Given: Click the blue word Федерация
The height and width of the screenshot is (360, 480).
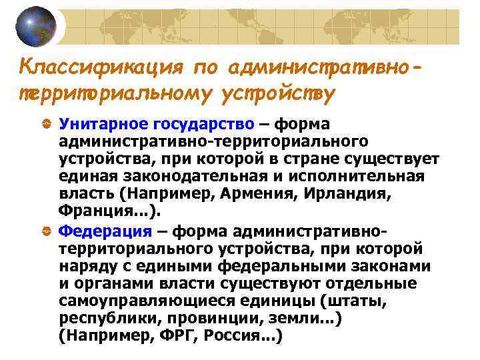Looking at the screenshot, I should (x=105, y=231).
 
